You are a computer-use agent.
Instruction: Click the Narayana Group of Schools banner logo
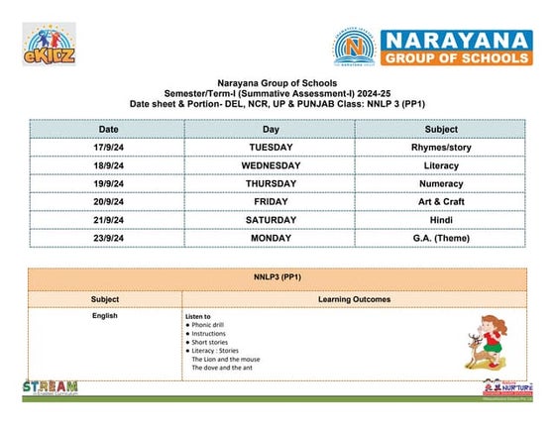(x=431, y=47)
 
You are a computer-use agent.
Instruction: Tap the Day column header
(x=271, y=129)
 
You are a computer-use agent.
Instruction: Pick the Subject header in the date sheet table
(x=441, y=129)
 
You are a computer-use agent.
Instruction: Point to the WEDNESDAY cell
(x=271, y=165)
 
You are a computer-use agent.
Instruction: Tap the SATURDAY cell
(x=271, y=219)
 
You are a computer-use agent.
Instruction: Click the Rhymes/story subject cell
(x=441, y=148)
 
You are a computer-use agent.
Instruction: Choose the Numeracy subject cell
(x=441, y=183)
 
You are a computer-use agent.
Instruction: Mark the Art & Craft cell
(x=441, y=201)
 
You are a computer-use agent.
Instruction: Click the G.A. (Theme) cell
(x=441, y=238)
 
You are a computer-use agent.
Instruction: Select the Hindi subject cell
(x=441, y=219)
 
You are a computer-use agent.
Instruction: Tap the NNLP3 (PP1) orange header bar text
(x=277, y=278)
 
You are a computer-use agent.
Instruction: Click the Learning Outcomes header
(x=354, y=298)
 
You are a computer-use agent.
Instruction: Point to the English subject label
(x=105, y=316)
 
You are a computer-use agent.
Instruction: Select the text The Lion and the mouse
(x=226, y=359)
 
